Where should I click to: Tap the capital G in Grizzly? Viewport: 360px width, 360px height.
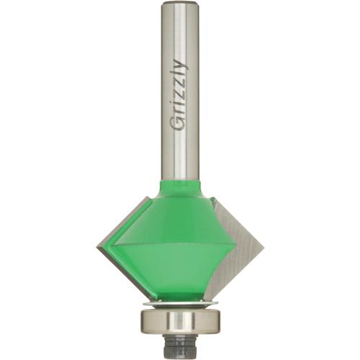pyautogui.click(x=179, y=122)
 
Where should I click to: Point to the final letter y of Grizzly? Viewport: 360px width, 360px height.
pyautogui.click(x=180, y=66)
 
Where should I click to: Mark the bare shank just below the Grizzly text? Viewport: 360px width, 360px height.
pyautogui.click(x=179, y=155)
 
